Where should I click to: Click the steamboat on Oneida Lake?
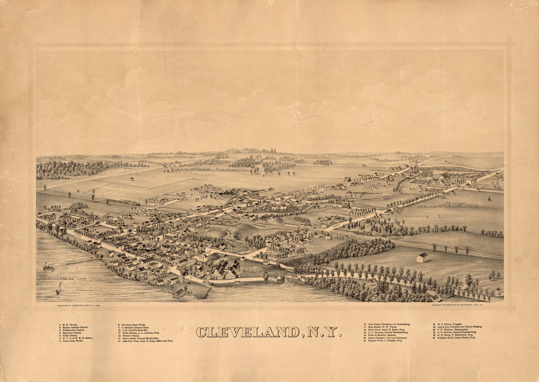pyautogui.click(x=48, y=266)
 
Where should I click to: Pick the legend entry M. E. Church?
pyautogui.click(x=69, y=325)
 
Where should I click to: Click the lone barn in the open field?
pyautogui.click(x=422, y=257)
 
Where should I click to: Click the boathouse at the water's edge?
pyautogui.click(x=179, y=293)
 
